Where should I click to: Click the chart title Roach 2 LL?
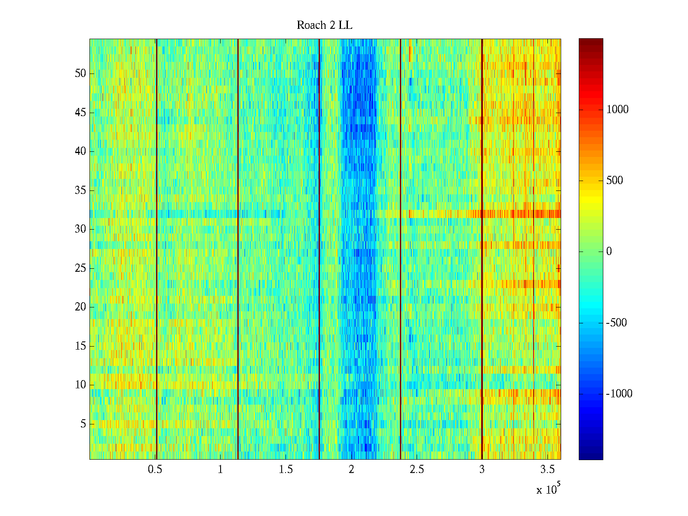[x=324, y=25]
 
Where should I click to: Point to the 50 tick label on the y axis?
[x=80, y=74]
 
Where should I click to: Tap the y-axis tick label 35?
[x=80, y=190]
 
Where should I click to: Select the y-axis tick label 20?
[x=80, y=307]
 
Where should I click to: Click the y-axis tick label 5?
[x=83, y=424]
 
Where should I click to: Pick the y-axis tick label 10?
[x=80, y=385]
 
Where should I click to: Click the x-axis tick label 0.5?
[x=155, y=470]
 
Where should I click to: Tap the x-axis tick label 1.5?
[x=286, y=470]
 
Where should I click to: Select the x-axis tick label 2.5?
[x=416, y=470]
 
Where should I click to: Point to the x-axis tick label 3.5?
[x=547, y=470]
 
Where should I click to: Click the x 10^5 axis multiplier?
[x=548, y=489]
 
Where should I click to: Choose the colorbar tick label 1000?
[x=617, y=110]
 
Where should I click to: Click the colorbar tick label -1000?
[x=619, y=394]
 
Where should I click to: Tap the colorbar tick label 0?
[x=609, y=252]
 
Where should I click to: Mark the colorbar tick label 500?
[x=614, y=181]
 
